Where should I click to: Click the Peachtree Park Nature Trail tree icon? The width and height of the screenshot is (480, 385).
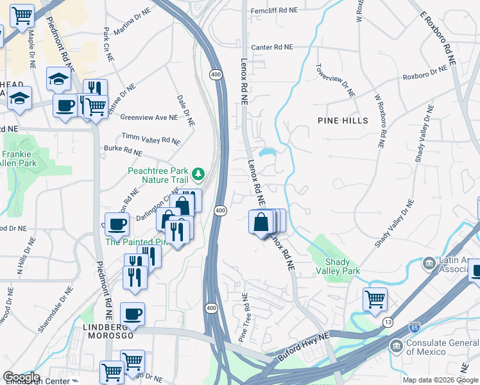click(198, 173)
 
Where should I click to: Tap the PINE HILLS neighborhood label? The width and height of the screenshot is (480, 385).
click(343, 121)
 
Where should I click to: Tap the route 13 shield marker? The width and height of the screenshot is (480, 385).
click(388, 321)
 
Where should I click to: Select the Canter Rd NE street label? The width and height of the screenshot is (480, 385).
click(271, 47)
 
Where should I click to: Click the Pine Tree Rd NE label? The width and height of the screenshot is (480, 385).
click(244, 317)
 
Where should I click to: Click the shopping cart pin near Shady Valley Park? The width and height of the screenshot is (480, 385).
click(375, 299)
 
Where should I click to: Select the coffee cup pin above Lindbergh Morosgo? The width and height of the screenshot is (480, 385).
click(132, 314)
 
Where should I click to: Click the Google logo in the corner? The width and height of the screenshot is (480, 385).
click(21, 377)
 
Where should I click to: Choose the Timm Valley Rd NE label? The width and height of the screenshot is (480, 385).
click(151, 139)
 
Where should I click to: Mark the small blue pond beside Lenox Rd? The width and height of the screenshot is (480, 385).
click(269, 153)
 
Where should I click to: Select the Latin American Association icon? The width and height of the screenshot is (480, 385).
click(429, 263)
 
